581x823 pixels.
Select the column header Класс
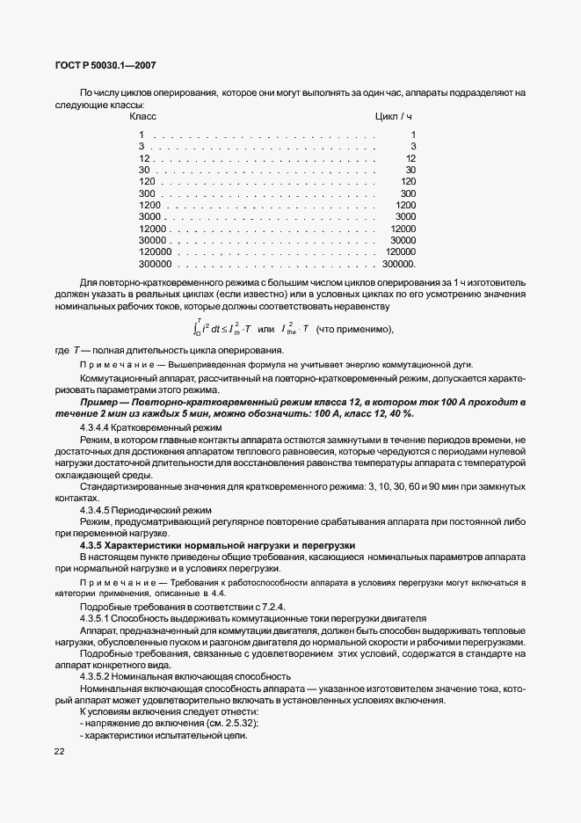click(x=142, y=116)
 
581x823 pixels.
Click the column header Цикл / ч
click(x=393, y=116)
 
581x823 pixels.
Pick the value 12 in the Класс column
click(x=144, y=158)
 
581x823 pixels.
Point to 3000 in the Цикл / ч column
click(x=405, y=216)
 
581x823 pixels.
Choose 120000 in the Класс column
click(x=154, y=251)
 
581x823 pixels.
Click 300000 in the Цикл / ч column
click(x=400, y=263)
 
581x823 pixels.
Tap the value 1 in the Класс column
click(x=142, y=135)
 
